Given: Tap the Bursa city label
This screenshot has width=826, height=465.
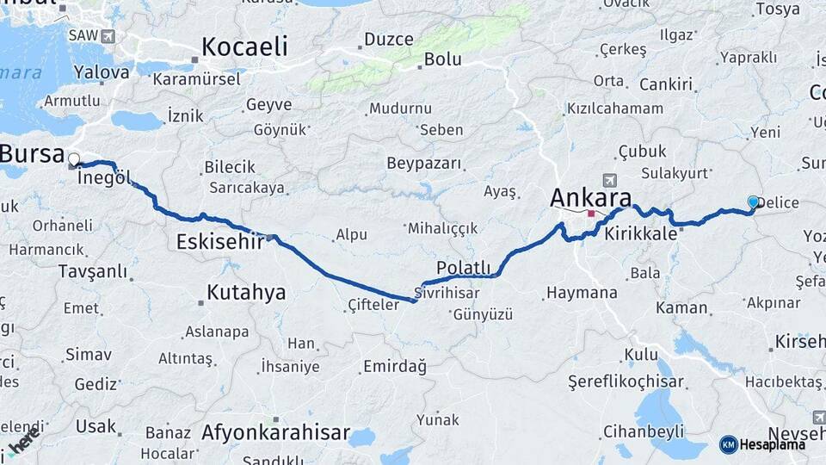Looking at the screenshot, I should pyautogui.click(x=32, y=154).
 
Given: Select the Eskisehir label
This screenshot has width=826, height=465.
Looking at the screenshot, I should pyautogui.click(x=219, y=242).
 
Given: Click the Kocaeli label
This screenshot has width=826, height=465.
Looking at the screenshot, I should pyautogui.click(x=244, y=46).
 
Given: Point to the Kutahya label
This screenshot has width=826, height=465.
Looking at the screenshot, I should pyautogui.click(x=246, y=293).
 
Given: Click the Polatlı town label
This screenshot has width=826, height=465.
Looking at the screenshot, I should pyautogui.click(x=463, y=267).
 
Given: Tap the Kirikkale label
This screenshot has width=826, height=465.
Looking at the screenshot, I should pyautogui.click(x=640, y=233).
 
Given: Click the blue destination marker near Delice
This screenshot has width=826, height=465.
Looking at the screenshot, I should pyautogui.click(x=754, y=201).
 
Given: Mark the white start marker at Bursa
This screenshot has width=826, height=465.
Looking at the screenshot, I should pyautogui.click(x=74, y=159).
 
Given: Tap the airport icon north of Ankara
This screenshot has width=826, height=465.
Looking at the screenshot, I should pyautogui.click(x=610, y=180).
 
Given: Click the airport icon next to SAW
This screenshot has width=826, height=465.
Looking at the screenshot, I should pyautogui.click(x=107, y=36).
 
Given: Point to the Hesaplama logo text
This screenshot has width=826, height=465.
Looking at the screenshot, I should pyautogui.click(x=773, y=444).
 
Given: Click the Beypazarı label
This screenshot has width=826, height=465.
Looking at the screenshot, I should pyautogui.click(x=424, y=164).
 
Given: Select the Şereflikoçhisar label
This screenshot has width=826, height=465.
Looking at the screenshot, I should pyautogui.click(x=626, y=381).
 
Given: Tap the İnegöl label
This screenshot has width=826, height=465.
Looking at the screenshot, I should pyautogui.click(x=104, y=178).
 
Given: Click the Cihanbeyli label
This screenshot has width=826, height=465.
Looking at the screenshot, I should pyautogui.click(x=644, y=431).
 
